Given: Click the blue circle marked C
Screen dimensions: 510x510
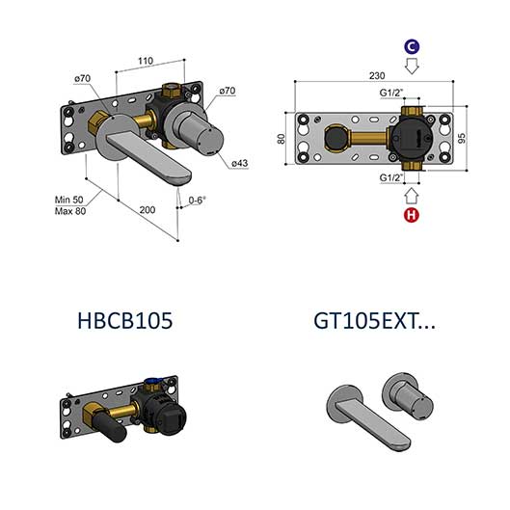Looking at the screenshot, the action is [412, 47].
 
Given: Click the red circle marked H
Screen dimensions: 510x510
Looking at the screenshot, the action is [412, 215].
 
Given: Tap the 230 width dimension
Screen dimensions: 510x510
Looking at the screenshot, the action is [377, 76].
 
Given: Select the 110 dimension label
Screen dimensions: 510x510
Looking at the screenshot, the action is [145, 61].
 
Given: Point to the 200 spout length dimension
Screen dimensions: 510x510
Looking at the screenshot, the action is [148, 210].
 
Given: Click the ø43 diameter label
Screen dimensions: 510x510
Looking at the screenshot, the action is [240, 163].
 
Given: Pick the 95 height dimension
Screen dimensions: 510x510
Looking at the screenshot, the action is [461, 138].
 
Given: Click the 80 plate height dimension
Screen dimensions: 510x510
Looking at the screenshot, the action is [281, 139].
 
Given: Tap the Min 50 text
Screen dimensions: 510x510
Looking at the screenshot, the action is [69, 200].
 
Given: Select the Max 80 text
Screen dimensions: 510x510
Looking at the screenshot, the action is [70, 211].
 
